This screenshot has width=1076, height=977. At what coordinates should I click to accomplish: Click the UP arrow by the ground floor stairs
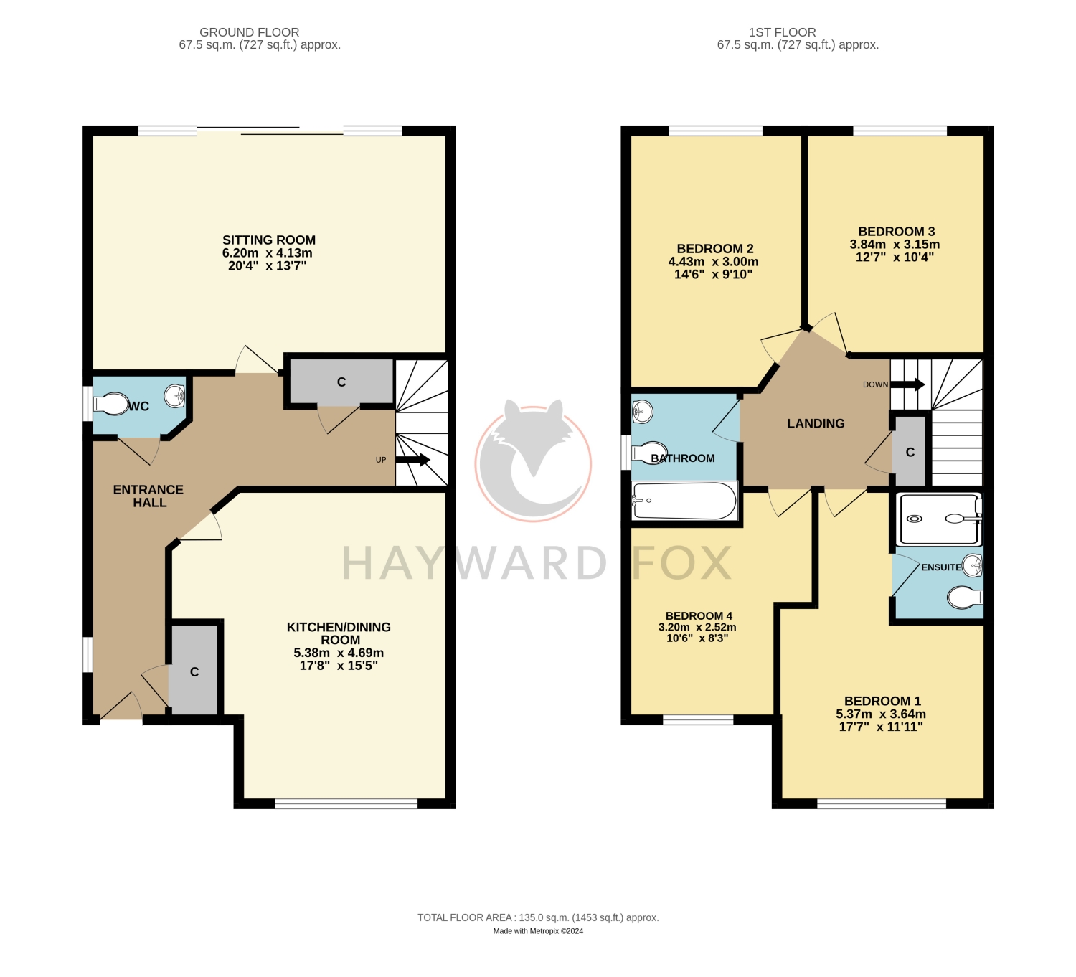[412, 460]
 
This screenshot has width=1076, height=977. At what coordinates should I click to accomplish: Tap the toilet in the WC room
[110, 405]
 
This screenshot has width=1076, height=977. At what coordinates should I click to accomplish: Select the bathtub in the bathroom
[685, 501]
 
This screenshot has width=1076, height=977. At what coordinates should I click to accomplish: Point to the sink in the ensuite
[972, 565]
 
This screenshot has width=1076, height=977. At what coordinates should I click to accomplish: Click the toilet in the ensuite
[965, 598]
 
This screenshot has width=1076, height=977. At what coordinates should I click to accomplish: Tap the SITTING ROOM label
[269, 240]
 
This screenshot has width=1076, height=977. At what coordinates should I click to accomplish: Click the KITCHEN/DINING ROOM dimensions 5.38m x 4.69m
[339, 653]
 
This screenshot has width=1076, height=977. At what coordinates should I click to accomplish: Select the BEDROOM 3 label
[897, 231]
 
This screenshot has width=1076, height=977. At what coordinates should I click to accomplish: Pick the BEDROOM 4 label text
[699, 616]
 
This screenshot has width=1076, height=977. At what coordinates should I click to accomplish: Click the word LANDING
[816, 423]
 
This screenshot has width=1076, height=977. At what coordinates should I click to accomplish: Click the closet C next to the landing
[910, 452]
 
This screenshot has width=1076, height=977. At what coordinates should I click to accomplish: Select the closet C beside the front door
[194, 671]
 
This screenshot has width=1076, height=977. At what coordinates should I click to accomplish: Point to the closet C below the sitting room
[341, 382]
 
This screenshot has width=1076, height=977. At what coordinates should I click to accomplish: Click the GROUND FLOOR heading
[250, 32]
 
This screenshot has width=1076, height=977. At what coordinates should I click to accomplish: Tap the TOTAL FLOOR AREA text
[538, 917]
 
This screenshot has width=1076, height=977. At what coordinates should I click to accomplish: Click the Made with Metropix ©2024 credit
[538, 931]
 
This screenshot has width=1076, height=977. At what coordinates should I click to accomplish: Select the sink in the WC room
[175, 395]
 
